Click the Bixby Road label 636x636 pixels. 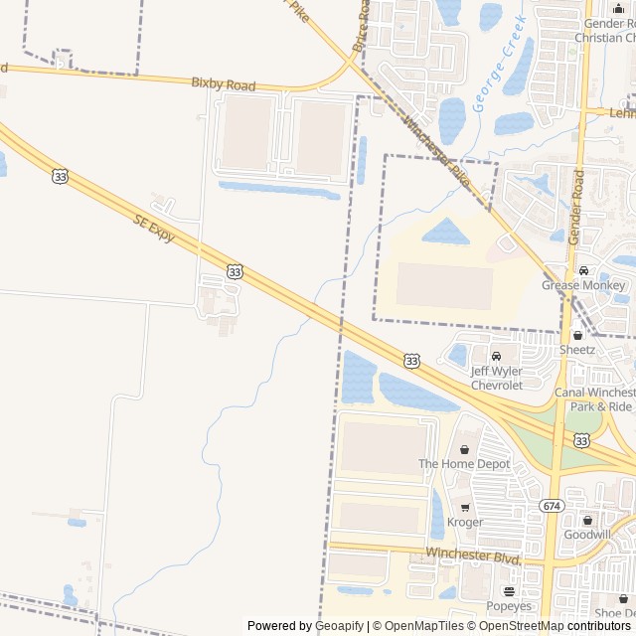(x=224, y=85)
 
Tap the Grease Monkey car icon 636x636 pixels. (x=583, y=270)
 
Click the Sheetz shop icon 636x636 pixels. (x=577, y=335)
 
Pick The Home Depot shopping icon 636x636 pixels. (x=464, y=449)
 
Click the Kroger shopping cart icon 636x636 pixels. (x=464, y=507)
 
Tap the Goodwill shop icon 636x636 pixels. (x=587, y=520)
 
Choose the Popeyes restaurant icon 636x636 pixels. (x=508, y=591)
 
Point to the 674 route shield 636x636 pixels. (x=552, y=506)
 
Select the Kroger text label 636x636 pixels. (x=465, y=522)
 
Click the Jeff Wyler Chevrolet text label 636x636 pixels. (x=496, y=378)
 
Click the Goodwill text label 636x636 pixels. (x=587, y=535)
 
